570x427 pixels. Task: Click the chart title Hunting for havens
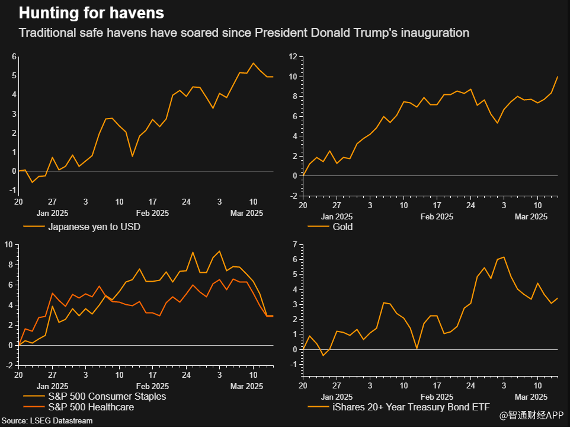[91, 12]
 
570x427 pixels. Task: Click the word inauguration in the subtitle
[435, 33]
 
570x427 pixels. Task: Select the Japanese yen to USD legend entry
[94, 227]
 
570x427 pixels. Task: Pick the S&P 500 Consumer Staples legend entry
[107, 396]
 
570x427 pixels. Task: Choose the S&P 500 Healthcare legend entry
[91, 407]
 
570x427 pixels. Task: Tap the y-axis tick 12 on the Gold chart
[293, 56]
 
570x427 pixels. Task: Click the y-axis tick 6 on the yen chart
[14, 56]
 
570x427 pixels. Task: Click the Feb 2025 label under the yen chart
[152, 213]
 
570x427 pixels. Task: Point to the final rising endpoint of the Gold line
[557, 77]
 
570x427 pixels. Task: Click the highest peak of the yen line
[254, 63]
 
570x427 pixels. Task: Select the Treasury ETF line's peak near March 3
[504, 257]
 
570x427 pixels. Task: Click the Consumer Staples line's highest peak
[220, 251]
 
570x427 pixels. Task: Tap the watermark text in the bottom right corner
[531, 416]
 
